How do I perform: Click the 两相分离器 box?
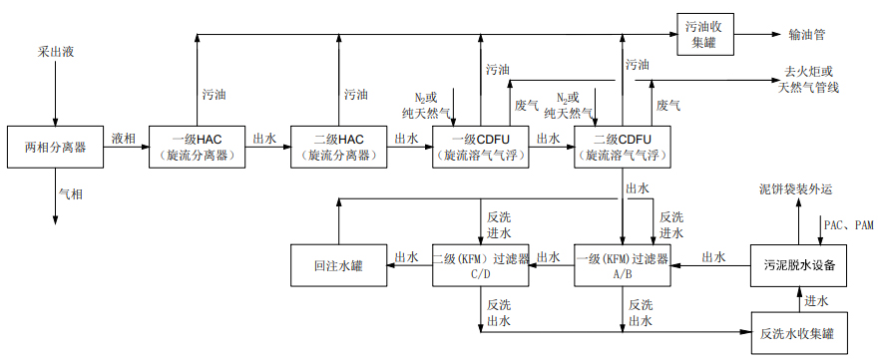point(55,149)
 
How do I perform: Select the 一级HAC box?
point(196,148)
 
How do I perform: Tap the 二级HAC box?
point(337,148)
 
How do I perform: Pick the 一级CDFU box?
point(480,148)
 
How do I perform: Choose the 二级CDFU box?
point(622,148)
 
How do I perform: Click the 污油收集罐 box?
point(709,35)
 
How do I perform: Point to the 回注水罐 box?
point(337,266)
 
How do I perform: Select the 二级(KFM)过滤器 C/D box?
point(480,266)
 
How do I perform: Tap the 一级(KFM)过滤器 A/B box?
point(622,266)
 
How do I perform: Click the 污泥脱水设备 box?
point(798,266)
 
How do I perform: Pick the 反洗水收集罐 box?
point(798,331)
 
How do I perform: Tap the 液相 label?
point(124,139)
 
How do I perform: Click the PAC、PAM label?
point(847,225)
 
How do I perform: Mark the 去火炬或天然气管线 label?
point(808,81)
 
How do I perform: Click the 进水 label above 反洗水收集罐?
point(817,301)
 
